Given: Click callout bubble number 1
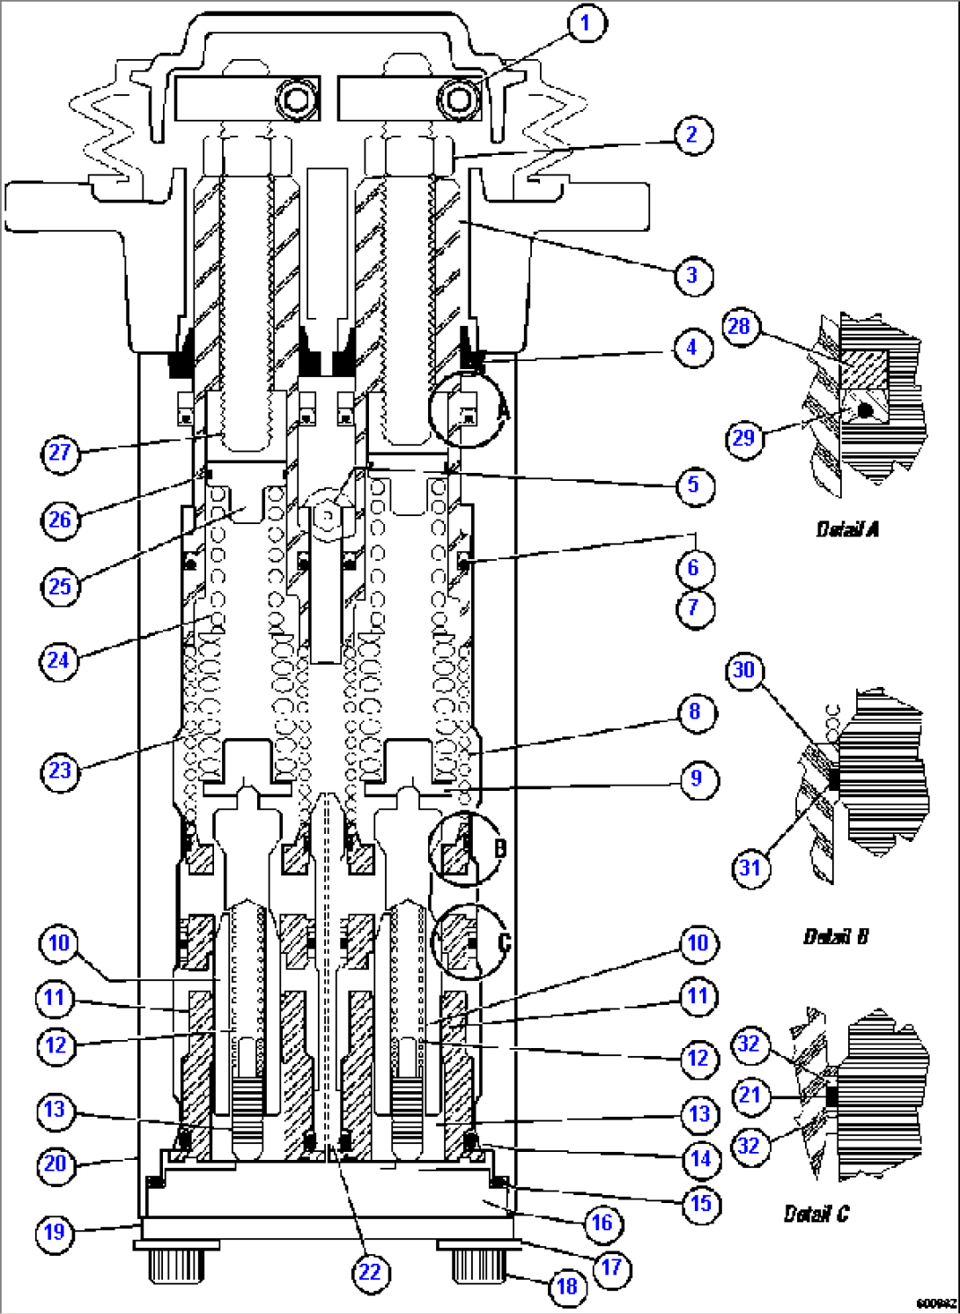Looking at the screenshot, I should click(587, 23).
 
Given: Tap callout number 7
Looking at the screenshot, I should click(694, 608).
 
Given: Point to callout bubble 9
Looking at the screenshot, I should click(697, 779).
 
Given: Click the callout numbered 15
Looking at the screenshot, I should click(701, 1204).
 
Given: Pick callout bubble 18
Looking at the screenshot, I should click(567, 1287).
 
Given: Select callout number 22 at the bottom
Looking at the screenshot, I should click(370, 1273).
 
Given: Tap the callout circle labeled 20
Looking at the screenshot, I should click(55, 1164).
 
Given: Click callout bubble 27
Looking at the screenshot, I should click(60, 454).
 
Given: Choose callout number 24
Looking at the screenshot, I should click(59, 661).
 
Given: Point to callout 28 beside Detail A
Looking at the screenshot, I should click(740, 328).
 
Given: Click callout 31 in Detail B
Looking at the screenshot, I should click(750, 868).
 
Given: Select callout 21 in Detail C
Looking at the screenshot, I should click(750, 1096).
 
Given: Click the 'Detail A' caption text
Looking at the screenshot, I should click(847, 529).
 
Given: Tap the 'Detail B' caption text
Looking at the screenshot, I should click(836, 937).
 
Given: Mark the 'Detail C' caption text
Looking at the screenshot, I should click(816, 1214).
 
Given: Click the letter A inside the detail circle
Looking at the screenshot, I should click(502, 410).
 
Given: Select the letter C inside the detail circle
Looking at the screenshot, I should click(504, 942).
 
